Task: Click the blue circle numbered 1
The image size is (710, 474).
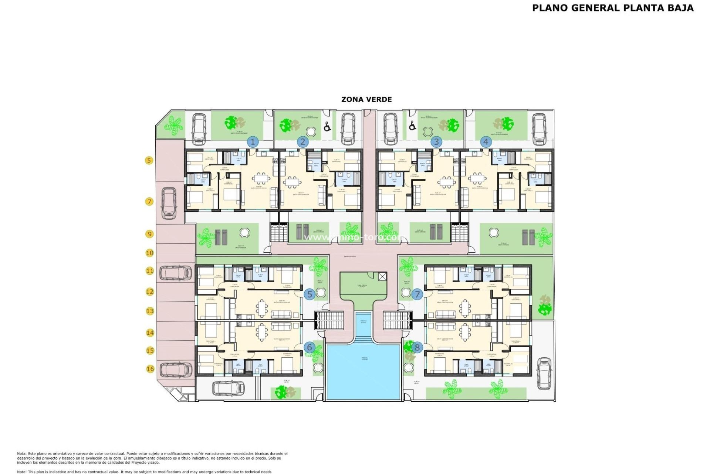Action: (253, 141)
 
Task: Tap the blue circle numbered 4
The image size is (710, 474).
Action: (486, 141)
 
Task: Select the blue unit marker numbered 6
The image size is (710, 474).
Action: (310, 347)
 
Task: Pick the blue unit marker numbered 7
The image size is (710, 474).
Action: (417, 294)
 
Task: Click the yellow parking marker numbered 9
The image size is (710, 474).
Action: (149, 234)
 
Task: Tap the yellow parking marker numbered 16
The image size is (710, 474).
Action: (150, 369)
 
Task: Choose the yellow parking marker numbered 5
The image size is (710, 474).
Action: (149, 160)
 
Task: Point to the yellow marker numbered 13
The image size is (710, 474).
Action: (150, 311)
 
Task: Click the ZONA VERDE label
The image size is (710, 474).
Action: (366, 99)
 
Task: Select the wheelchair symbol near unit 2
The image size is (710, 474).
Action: (327, 127)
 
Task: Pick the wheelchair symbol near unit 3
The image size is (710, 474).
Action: (413, 126)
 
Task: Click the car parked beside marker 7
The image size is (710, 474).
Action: (169, 203)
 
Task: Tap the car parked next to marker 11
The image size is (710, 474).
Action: (176, 273)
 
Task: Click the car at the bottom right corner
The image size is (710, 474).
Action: (544, 374)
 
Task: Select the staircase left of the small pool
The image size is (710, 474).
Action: (329, 320)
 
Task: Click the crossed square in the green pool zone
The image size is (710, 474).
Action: (382, 276)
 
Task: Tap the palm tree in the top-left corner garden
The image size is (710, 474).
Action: (173, 124)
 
